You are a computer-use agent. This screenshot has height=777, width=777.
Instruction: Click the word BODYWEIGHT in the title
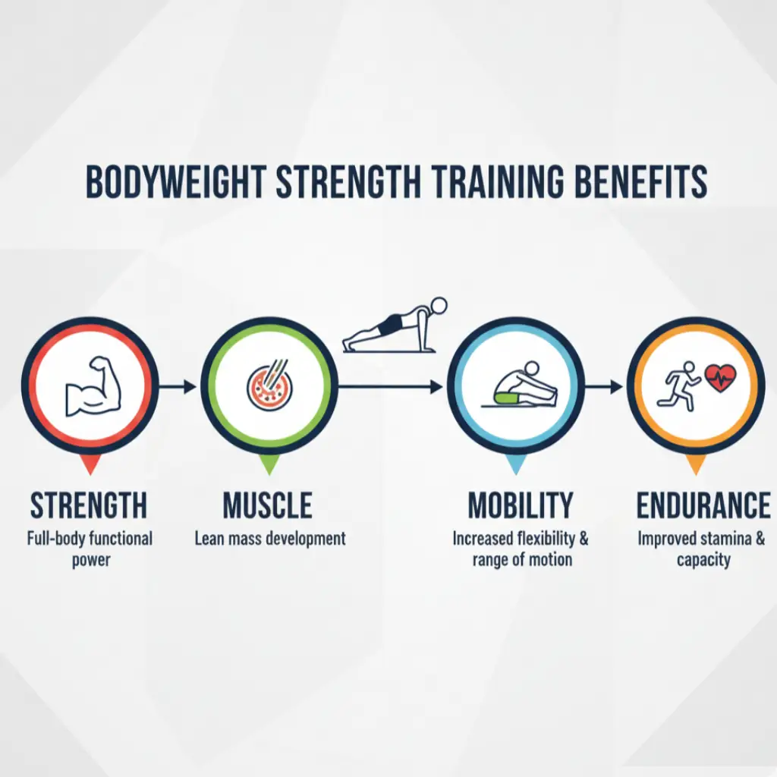coord(176,182)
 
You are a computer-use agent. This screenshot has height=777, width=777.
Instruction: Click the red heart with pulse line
coord(720,376)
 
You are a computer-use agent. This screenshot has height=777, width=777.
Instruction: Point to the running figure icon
coord(682,385)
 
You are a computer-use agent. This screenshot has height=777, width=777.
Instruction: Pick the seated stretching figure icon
coord(524,387)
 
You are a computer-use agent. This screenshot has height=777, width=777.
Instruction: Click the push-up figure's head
coord(438,306)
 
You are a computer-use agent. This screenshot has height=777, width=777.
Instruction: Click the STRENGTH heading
coord(89,505)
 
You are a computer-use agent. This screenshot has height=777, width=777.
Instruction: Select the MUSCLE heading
coord(267,505)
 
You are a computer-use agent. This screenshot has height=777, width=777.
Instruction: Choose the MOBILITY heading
coord(520,505)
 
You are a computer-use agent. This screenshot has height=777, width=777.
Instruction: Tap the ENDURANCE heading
coord(703,505)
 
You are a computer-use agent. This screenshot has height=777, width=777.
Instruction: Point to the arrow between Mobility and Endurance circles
coord(606,387)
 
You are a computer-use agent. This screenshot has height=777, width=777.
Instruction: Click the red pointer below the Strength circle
coord(90,464)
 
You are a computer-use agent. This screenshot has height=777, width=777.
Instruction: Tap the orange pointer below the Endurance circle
coord(695,464)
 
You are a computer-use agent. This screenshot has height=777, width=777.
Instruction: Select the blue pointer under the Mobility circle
coord(516,464)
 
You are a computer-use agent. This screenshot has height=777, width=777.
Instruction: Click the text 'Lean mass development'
coord(270,539)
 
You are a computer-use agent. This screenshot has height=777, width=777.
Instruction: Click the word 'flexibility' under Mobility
coord(545,539)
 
